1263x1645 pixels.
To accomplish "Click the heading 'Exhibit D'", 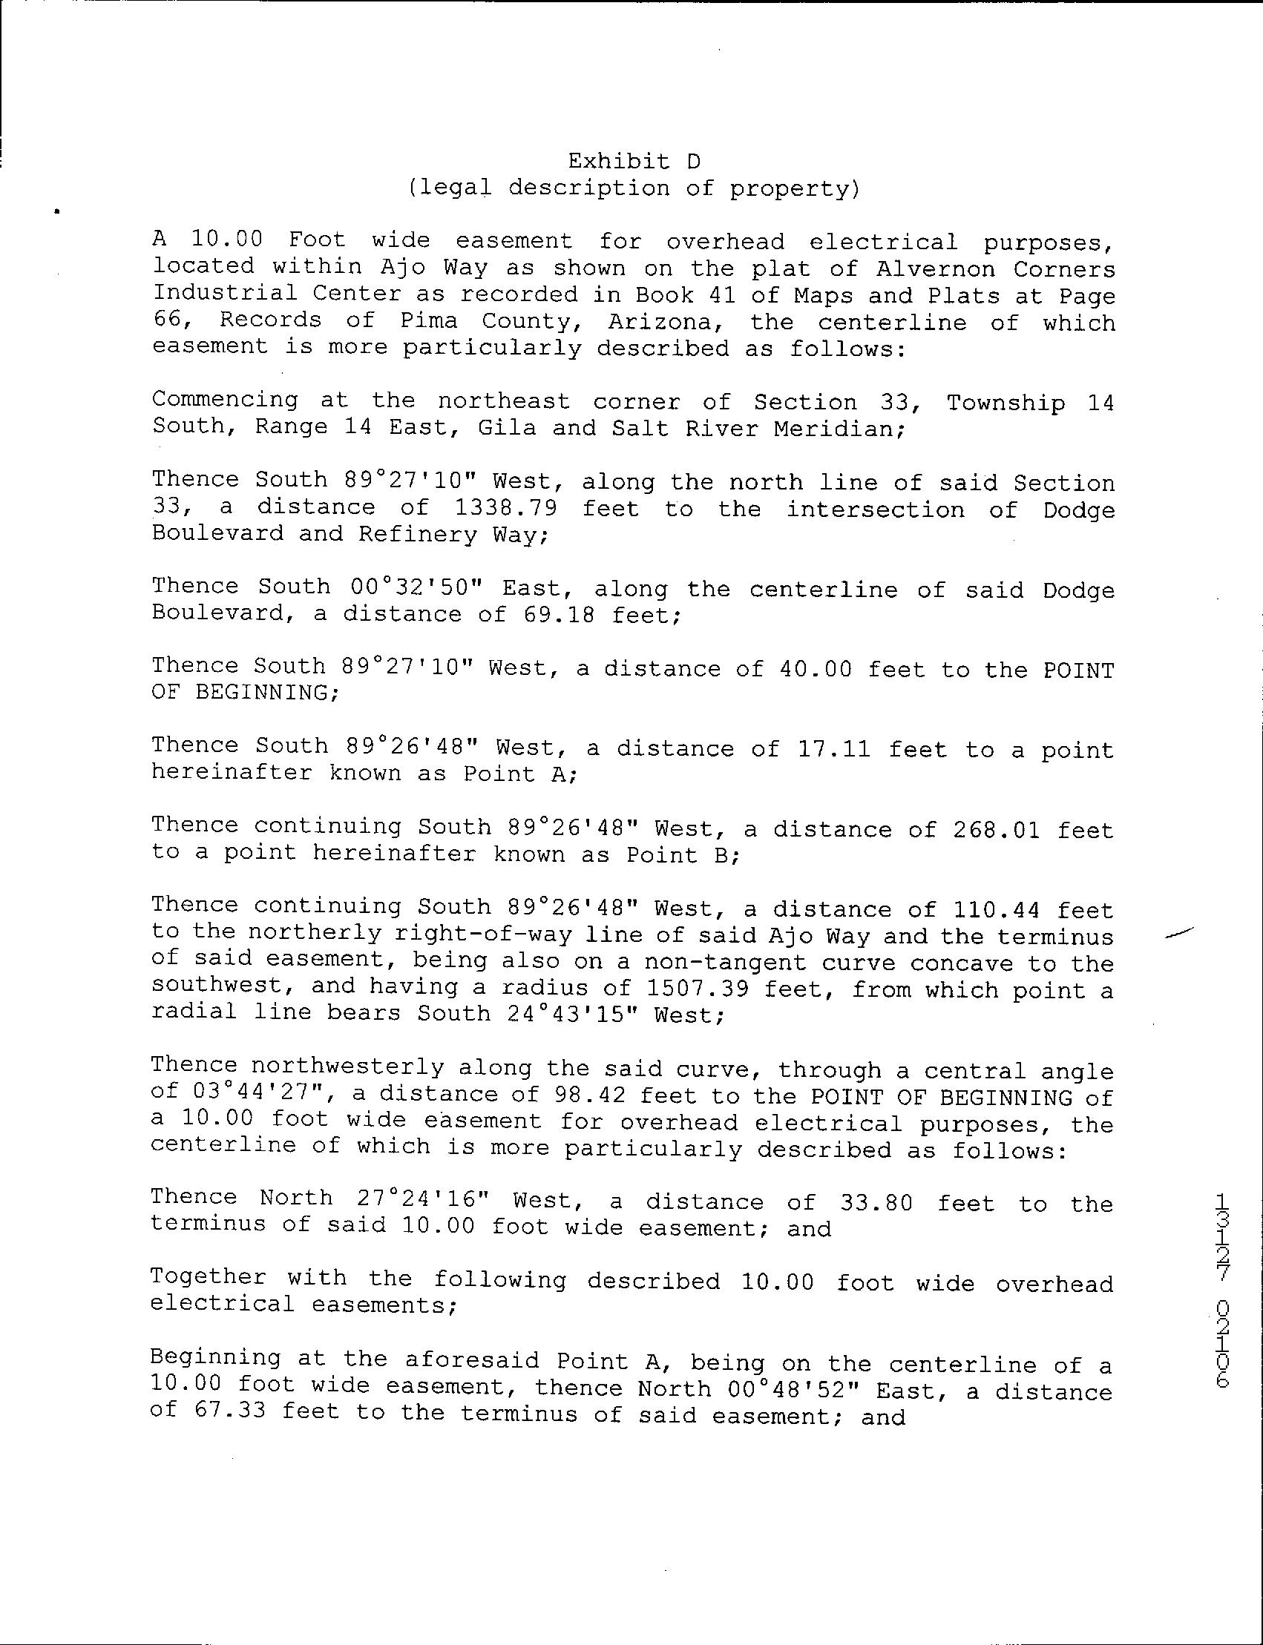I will pos(634,161).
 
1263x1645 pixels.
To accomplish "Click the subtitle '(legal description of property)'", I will pos(634,187).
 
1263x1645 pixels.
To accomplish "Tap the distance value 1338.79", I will pos(506,508).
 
